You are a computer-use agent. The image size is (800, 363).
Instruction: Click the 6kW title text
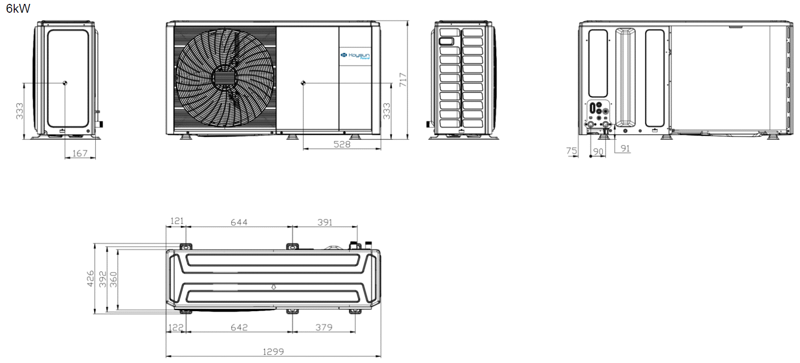(18, 9)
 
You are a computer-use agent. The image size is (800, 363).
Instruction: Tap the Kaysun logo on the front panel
(355, 55)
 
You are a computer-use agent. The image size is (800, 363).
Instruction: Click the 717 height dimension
(403, 80)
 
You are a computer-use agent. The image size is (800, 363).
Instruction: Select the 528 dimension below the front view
(342, 144)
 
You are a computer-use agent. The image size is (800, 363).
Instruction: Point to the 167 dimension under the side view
(80, 153)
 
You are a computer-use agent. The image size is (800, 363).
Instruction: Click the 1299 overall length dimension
(273, 352)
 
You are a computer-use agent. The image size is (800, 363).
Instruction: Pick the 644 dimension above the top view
(239, 223)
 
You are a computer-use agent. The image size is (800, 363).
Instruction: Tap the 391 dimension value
(325, 223)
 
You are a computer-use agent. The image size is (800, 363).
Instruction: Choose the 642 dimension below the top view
(239, 327)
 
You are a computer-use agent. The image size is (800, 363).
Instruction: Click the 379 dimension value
(324, 327)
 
